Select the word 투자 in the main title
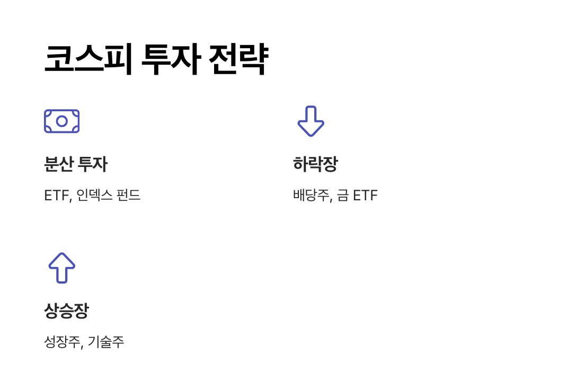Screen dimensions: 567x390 170,59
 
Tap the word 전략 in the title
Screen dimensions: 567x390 238,59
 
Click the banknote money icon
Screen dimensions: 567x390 61,121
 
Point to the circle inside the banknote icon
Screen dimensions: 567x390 61,121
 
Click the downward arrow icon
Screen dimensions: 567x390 311,121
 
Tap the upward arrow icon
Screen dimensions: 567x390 61,268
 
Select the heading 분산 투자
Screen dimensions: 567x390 75,164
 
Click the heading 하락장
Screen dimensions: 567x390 315,164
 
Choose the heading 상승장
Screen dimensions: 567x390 66,311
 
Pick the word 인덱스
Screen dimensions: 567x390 94,196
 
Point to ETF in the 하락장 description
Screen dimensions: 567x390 365,196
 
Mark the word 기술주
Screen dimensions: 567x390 106,342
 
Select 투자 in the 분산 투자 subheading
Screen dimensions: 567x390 92,164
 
